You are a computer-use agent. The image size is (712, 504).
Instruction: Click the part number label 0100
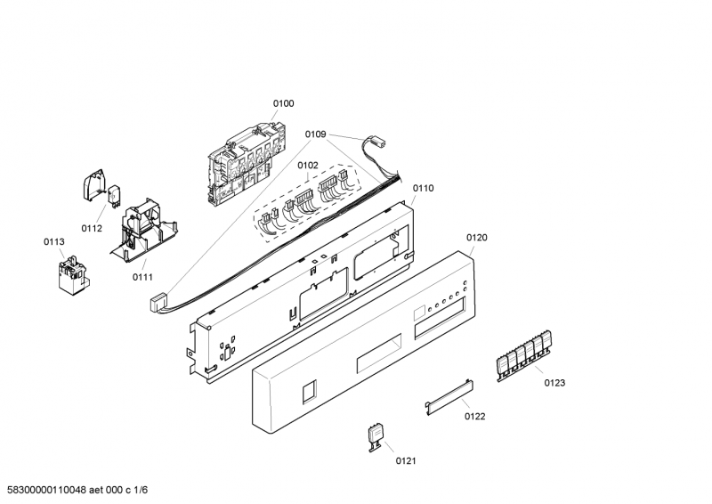283,104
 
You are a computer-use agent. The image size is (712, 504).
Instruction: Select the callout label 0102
308,165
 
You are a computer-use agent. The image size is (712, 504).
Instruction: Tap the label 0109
316,135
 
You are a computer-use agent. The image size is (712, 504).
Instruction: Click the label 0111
143,277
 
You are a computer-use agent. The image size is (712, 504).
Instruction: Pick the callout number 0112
92,228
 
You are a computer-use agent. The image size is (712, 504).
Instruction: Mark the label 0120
477,238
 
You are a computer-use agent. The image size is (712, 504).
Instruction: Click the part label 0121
406,460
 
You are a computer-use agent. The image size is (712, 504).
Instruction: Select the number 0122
474,416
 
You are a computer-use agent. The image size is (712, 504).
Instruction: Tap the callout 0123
554,382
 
